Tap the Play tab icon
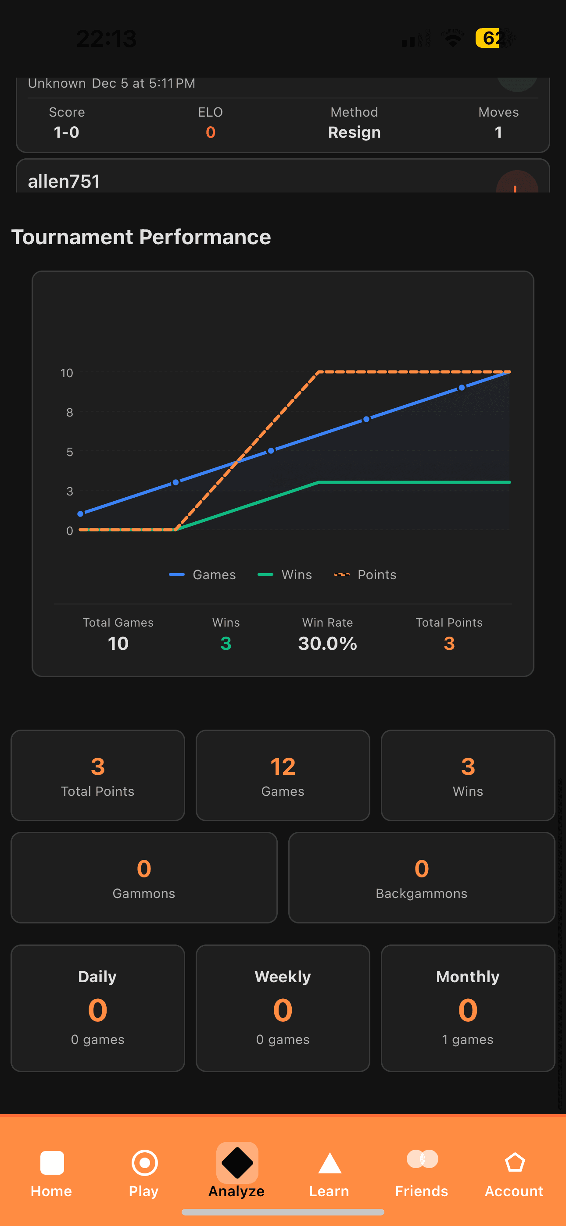pyautogui.click(x=144, y=1162)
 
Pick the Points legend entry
pyautogui.click(x=365, y=574)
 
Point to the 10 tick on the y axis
pyautogui.click(x=67, y=373)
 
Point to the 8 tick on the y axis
pyautogui.click(x=70, y=412)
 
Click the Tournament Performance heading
pyautogui.click(x=141, y=236)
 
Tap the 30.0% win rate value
pyautogui.click(x=327, y=643)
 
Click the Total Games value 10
pyautogui.click(x=118, y=643)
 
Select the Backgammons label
pyautogui.click(x=421, y=893)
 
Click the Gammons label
pyautogui.click(x=144, y=893)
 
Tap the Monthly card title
pyautogui.click(x=467, y=977)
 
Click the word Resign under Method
pyautogui.click(x=354, y=132)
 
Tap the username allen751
pyautogui.click(x=64, y=182)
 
